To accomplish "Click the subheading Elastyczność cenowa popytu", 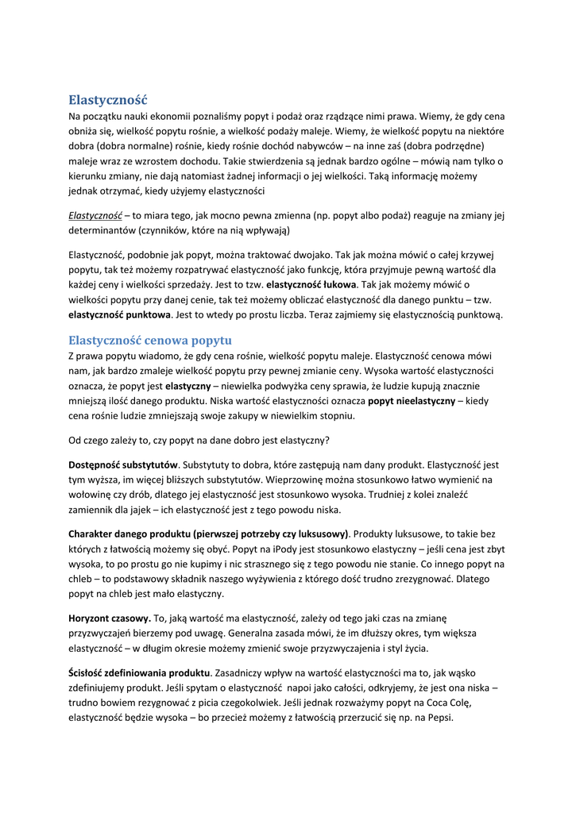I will [149, 341].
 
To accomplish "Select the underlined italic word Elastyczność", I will [95, 215].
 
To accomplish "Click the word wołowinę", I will [92, 495].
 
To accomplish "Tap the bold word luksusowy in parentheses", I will [319, 534].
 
